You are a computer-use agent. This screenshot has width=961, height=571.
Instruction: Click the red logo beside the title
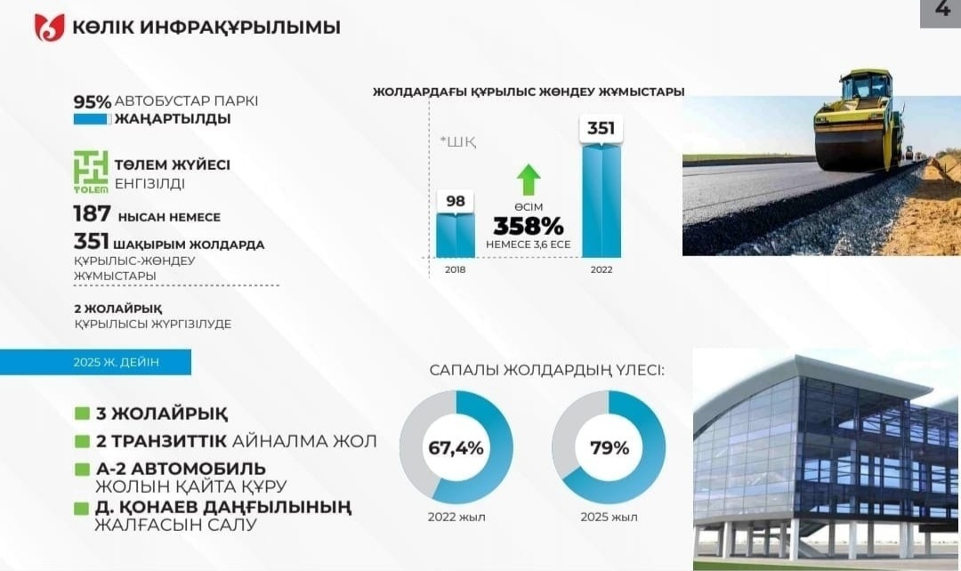point(49,27)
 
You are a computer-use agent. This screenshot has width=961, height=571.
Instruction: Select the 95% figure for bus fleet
point(92,101)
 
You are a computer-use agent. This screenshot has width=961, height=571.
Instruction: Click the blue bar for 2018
point(456,236)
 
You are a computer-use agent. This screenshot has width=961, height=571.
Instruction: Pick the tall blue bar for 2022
point(602,201)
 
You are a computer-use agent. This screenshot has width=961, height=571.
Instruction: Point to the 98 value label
point(456,201)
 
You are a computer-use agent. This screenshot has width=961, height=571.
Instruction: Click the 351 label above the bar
point(601,128)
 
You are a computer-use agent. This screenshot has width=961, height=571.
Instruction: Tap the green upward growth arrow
point(529,181)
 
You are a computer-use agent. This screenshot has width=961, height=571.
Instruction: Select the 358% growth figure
point(529,226)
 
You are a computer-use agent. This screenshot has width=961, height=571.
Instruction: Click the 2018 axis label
point(456,269)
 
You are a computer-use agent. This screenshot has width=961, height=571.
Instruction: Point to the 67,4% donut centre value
point(456,448)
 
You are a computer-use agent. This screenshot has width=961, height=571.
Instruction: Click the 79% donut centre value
point(610,448)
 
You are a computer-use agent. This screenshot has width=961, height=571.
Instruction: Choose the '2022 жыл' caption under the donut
point(456,517)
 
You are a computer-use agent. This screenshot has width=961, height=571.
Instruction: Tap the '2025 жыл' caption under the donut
point(610,517)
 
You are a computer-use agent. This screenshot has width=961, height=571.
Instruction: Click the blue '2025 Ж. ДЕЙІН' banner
point(95,362)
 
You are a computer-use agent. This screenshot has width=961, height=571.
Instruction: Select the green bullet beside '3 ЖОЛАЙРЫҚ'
point(82,414)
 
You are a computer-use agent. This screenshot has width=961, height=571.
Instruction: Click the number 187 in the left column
point(92,213)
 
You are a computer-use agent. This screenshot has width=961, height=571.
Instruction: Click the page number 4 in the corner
point(942,10)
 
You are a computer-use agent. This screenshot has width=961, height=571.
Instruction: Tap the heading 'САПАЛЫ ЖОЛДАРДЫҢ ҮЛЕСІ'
point(546,370)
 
